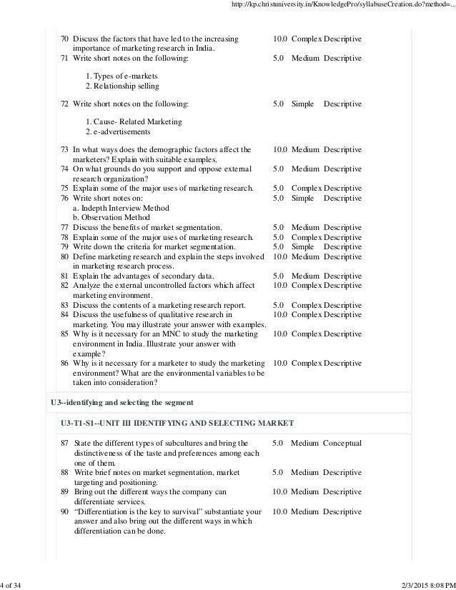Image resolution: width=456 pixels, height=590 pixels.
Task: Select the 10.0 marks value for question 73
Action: [x=280, y=149]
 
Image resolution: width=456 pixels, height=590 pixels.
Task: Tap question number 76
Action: [x=64, y=198]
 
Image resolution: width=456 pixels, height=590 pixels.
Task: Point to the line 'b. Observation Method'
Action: [x=111, y=217]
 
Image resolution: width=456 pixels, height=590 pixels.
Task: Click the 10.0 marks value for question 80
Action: [x=280, y=256]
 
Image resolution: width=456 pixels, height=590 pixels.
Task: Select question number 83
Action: [x=64, y=305]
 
